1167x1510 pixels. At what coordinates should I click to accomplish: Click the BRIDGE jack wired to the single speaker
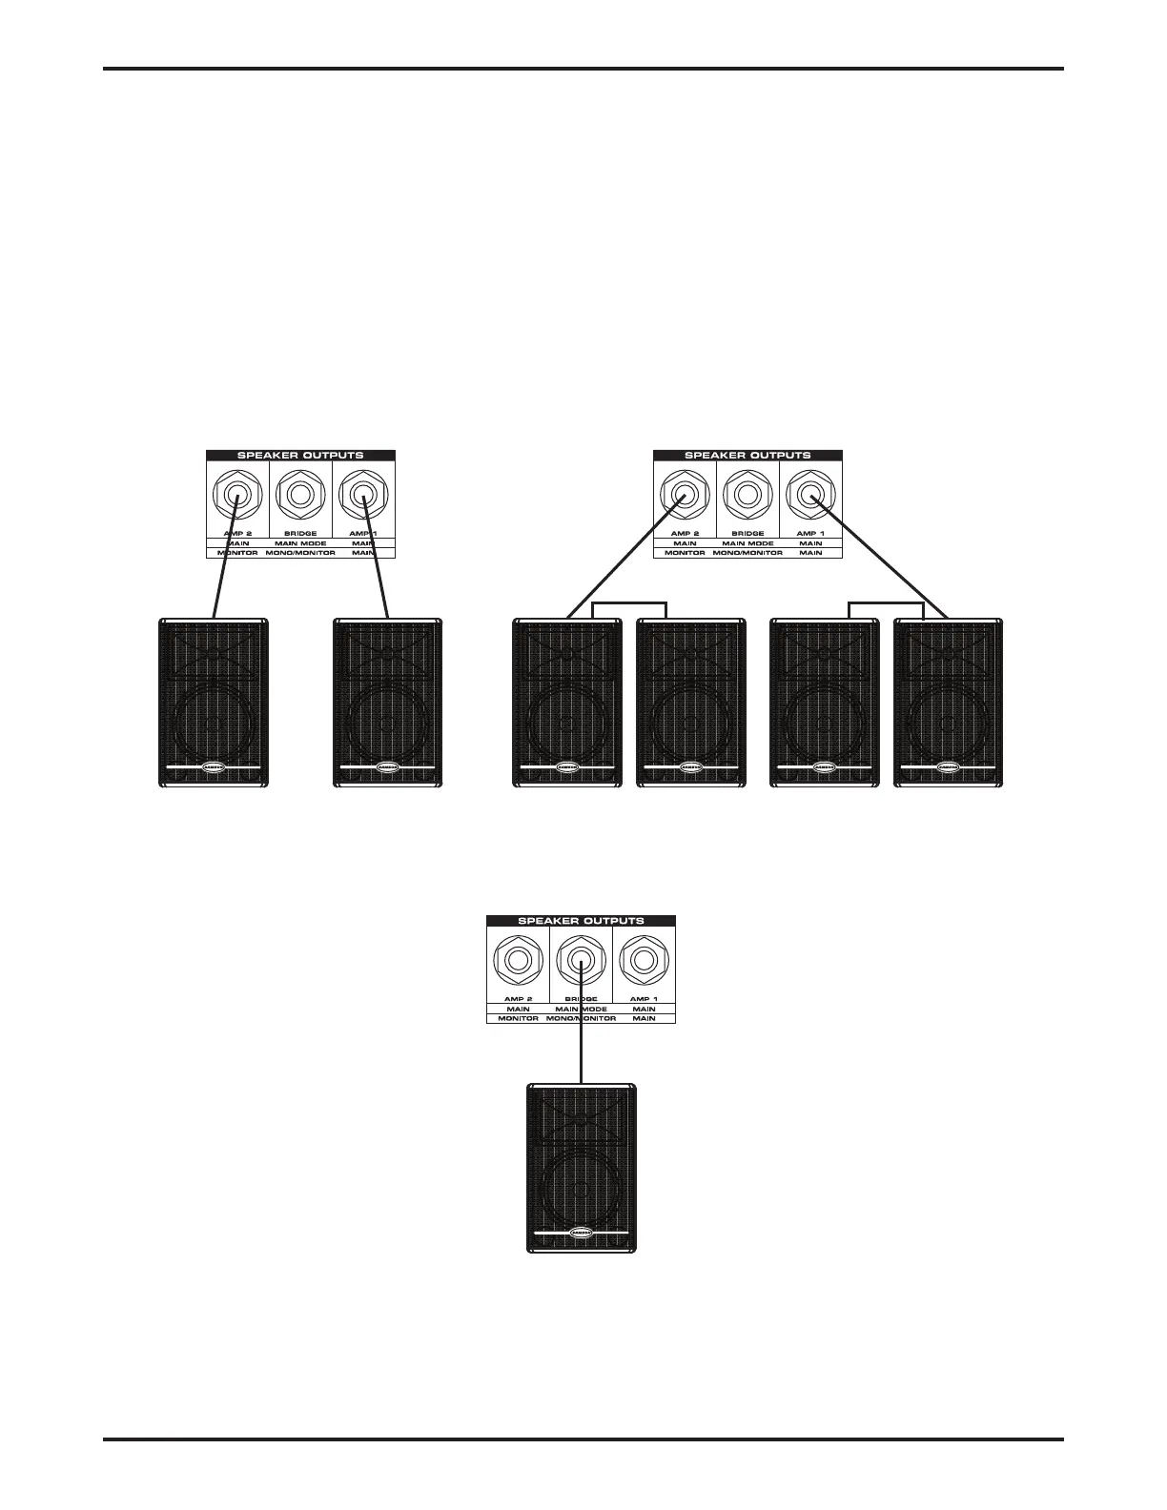581,961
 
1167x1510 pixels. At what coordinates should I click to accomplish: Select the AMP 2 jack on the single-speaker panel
518,961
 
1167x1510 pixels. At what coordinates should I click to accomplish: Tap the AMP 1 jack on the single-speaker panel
644,961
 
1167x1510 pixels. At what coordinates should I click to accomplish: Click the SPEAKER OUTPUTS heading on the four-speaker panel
747,456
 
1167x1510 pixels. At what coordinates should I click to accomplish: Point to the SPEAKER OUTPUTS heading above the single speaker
581,921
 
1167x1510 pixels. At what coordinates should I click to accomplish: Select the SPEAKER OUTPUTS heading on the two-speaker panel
300,456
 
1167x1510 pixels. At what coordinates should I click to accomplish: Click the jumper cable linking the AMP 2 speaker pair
629,602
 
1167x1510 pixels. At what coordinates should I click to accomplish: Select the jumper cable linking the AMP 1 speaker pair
887,602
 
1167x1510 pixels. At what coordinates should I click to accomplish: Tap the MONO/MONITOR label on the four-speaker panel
747,553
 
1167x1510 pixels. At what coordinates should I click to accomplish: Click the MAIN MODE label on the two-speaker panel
300,543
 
